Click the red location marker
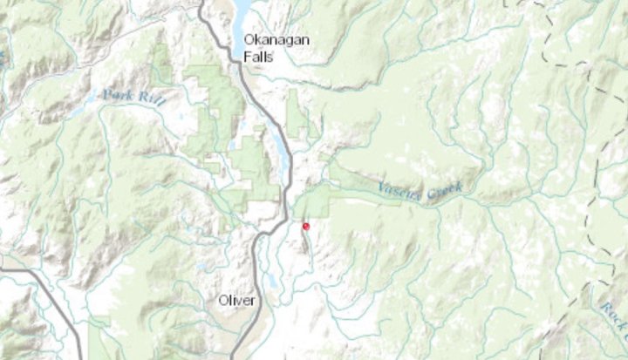coord(305,226)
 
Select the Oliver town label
coord(237,301)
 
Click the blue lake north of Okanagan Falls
coord(240,13)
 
